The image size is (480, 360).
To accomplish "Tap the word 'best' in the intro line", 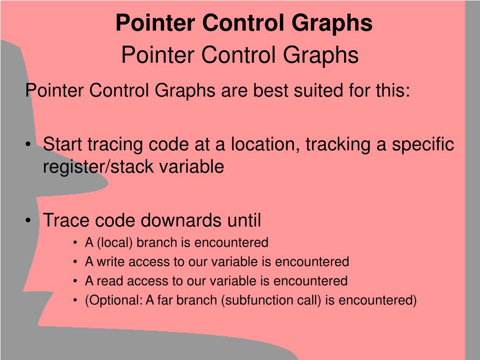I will [271, 90].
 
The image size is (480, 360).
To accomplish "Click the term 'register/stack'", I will [96, 167].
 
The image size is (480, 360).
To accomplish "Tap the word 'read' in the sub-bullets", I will [105, 281].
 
